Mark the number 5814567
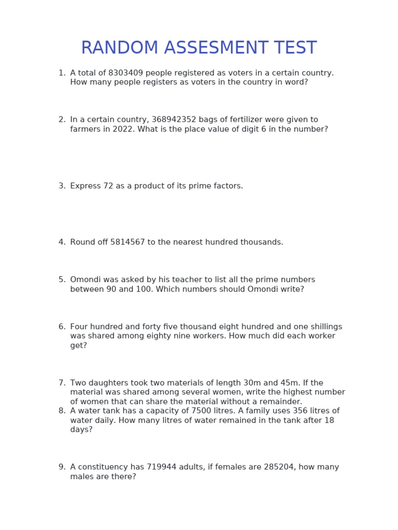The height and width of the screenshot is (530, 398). click(127, 242)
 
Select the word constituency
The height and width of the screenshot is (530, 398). click(103, 467)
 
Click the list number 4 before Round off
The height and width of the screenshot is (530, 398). click(62, 242)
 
